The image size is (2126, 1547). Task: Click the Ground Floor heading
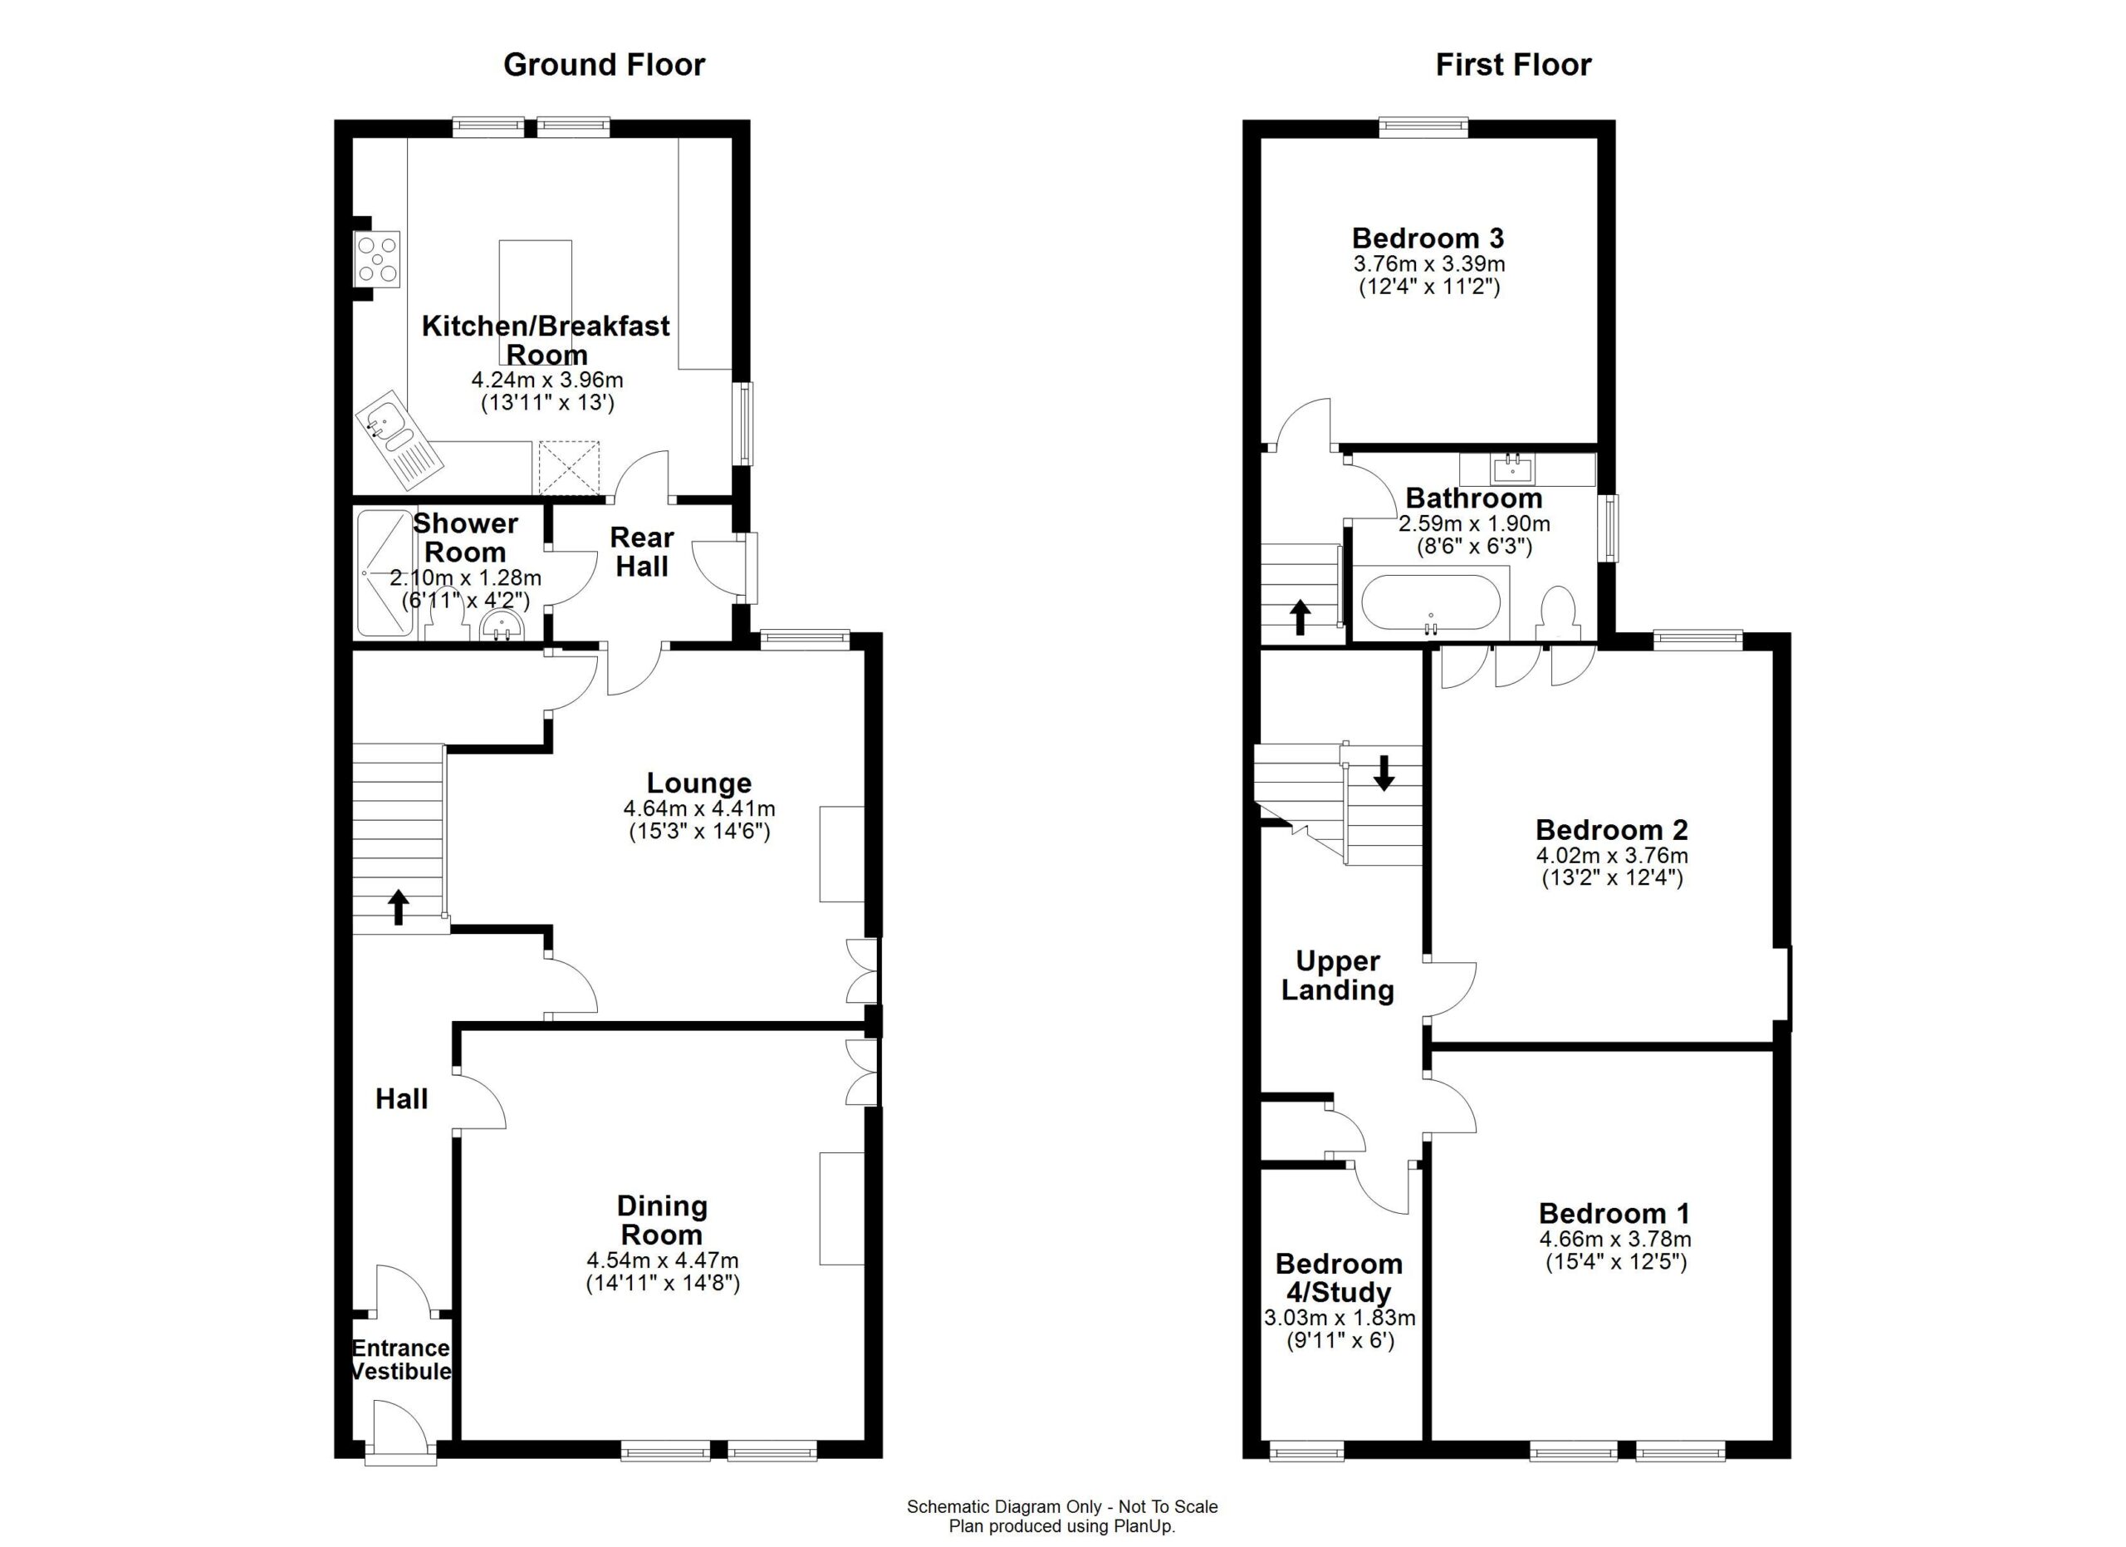coord(604,65)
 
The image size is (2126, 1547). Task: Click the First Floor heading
coord(1513,65)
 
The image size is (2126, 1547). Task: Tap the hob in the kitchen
coord(377,258)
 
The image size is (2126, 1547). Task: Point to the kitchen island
coord(536,302)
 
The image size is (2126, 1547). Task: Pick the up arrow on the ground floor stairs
coord(399,906)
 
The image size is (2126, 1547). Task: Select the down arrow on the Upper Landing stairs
coord(1384,772)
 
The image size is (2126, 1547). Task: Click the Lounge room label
coord(698,783)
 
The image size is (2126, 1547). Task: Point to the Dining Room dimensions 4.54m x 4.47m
coord(662,1261)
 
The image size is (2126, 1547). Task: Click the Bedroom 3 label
coord(1428,238)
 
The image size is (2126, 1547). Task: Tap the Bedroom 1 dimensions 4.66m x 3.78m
coord(1615,1240)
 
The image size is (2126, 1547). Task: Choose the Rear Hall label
coord(642,552)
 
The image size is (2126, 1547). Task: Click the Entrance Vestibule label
coord(400,1359)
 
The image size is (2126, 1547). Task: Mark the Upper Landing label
coord(1338,975)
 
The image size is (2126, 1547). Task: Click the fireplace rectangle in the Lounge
coord(842,853)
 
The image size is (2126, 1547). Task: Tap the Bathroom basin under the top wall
coord(1512,468)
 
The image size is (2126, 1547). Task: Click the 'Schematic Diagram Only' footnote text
coord(1062,1506)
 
